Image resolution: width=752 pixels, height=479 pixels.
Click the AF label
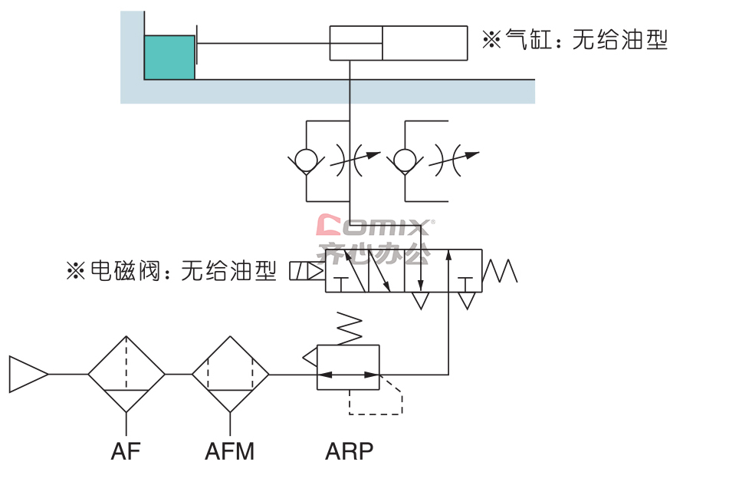(126, 451)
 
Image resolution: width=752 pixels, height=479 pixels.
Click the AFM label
(230, 451)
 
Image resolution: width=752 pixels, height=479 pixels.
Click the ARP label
(349, 451)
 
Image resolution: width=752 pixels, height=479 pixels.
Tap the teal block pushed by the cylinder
(169, 57)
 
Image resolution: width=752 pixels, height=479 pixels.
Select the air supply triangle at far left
(28, 375)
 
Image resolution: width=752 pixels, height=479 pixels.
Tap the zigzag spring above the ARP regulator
(350, 328)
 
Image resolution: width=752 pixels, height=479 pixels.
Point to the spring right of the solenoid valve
(500, 271)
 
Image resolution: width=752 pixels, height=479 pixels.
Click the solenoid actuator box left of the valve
(307, 271)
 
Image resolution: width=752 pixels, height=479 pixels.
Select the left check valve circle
(307, 160)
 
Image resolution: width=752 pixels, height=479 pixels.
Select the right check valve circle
(405, 160)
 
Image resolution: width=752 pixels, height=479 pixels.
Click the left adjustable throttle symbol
(355, 160)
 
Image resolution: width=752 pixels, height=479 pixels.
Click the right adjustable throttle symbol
(454, 160)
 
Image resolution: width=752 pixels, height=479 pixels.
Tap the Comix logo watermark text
(375, 226)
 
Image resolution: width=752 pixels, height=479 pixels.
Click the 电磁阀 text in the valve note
(125, 271)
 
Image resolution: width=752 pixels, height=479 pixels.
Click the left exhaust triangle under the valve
(421, 301)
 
